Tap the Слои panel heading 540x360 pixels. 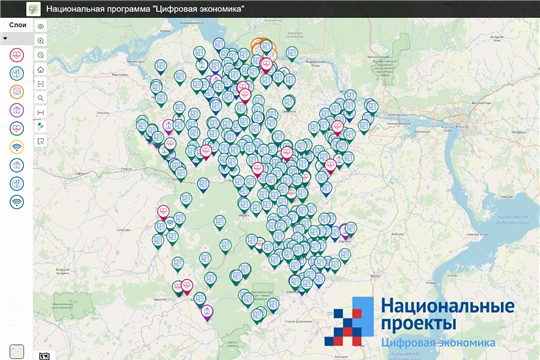pos(17,24)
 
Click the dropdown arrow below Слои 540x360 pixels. pos(6,38)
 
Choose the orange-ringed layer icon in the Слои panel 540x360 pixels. pos(17,92)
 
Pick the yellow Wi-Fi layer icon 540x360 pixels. pos(17,147)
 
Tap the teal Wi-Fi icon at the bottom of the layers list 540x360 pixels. pos(17,202)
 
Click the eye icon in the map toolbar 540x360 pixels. pos(40,25)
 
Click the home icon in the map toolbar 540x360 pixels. pos(40,71)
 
